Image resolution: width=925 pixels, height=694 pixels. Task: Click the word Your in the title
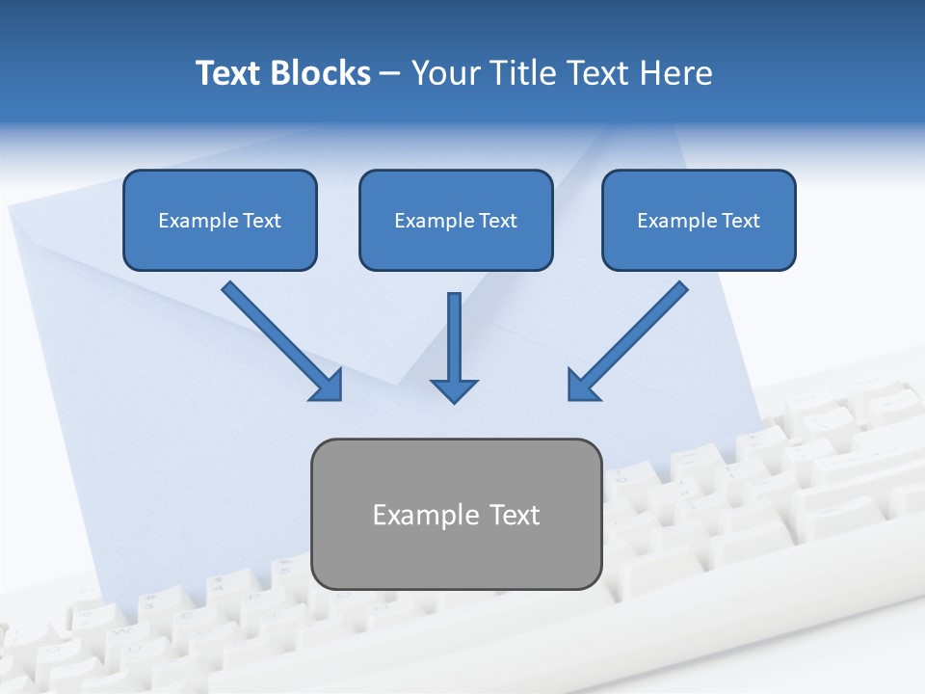point(445,73)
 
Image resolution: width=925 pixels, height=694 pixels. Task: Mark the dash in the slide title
point(390,75)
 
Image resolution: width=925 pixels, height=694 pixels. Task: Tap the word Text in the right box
point(740,221)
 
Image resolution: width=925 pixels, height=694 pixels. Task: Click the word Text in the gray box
point(515,515)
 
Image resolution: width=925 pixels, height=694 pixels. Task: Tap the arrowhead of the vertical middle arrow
point(454,389)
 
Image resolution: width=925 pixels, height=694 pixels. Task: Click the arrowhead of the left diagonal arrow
point(329,386)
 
